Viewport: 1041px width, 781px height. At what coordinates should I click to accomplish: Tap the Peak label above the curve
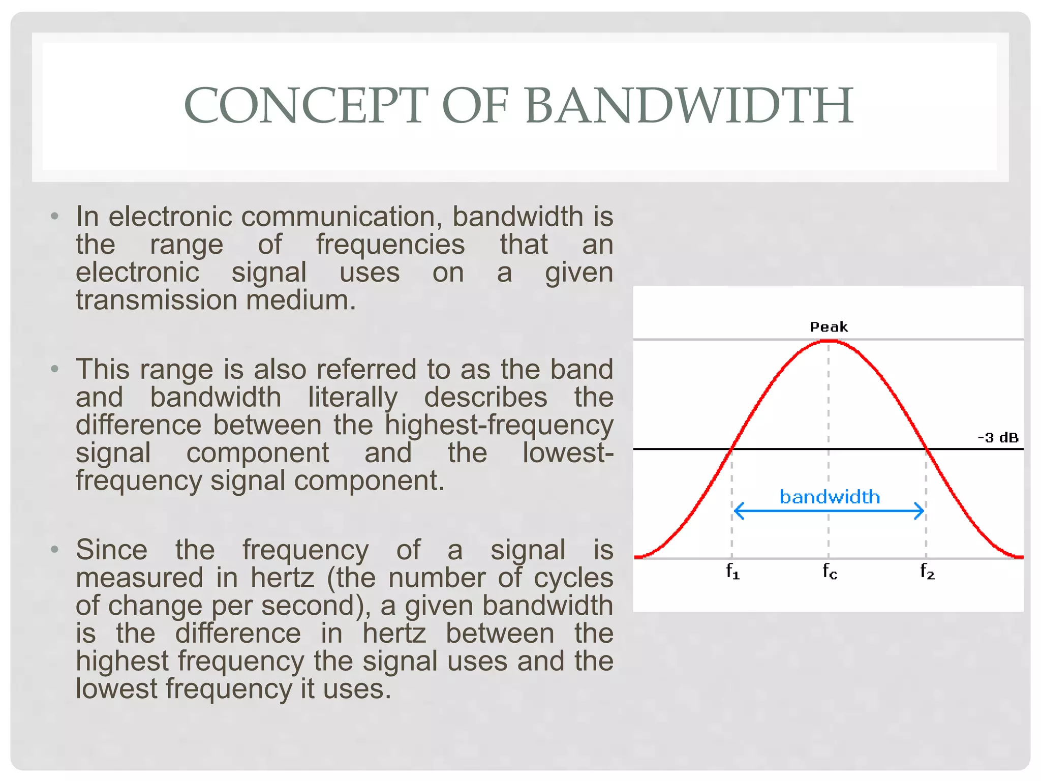(x=829, y=327)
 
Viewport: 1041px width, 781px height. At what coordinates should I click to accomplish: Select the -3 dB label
(x=998, y=438)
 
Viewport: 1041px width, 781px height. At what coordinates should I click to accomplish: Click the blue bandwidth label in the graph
(x=830, y=497)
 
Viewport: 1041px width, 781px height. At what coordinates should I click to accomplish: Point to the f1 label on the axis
(x=732, y=572)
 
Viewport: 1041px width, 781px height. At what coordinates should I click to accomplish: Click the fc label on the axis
(x=830, y=572)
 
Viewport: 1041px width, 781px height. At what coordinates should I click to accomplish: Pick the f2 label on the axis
(x=927, y=572)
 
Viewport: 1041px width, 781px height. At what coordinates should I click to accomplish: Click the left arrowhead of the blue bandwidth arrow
(x=737, y=511)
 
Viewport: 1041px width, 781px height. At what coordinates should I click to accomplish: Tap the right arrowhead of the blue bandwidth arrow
(x=921, y=511)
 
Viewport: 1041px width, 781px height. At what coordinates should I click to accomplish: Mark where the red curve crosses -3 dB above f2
(x=926, y=449)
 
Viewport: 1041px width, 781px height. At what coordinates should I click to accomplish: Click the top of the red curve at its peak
(x=829, y=341)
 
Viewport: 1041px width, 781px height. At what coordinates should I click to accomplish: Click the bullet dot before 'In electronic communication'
(x=55, y=217)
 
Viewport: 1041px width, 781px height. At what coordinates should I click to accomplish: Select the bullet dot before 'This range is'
(x=55, y=369)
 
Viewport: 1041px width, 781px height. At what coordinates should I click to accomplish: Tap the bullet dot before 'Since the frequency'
(x=55, y=550)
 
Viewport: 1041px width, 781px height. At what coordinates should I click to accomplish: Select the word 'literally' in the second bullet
(x=353, y=397)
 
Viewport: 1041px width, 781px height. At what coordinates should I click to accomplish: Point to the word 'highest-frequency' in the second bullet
(x=499, y=425)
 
